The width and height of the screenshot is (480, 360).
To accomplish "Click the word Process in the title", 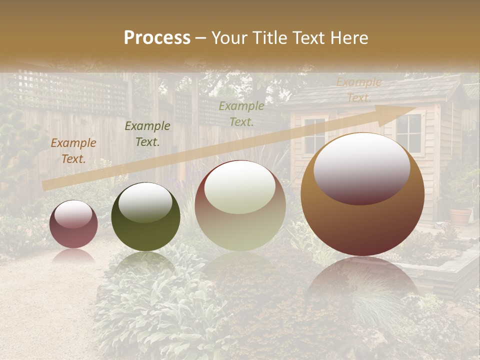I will point(157,38).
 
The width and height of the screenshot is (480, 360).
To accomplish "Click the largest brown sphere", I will point(362,195).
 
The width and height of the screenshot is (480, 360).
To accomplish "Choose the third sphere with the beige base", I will point(240,206).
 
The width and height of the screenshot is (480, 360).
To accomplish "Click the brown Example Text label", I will point(73,151).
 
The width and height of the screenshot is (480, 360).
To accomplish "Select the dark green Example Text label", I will point(147,134).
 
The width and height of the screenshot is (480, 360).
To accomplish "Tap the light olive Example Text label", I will point(241,113).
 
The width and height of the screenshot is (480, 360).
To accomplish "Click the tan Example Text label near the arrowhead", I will point(358,90).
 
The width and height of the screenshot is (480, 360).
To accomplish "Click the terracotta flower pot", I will point(460,216).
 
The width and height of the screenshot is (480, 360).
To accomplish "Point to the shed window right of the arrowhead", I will point(408,132).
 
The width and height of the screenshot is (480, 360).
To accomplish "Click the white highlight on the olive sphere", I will point(145,201).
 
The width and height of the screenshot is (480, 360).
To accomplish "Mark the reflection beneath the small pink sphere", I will point(73,256).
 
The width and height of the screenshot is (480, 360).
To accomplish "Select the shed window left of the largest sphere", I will point(314,135).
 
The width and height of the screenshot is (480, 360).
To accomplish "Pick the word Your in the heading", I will point(230,38).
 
